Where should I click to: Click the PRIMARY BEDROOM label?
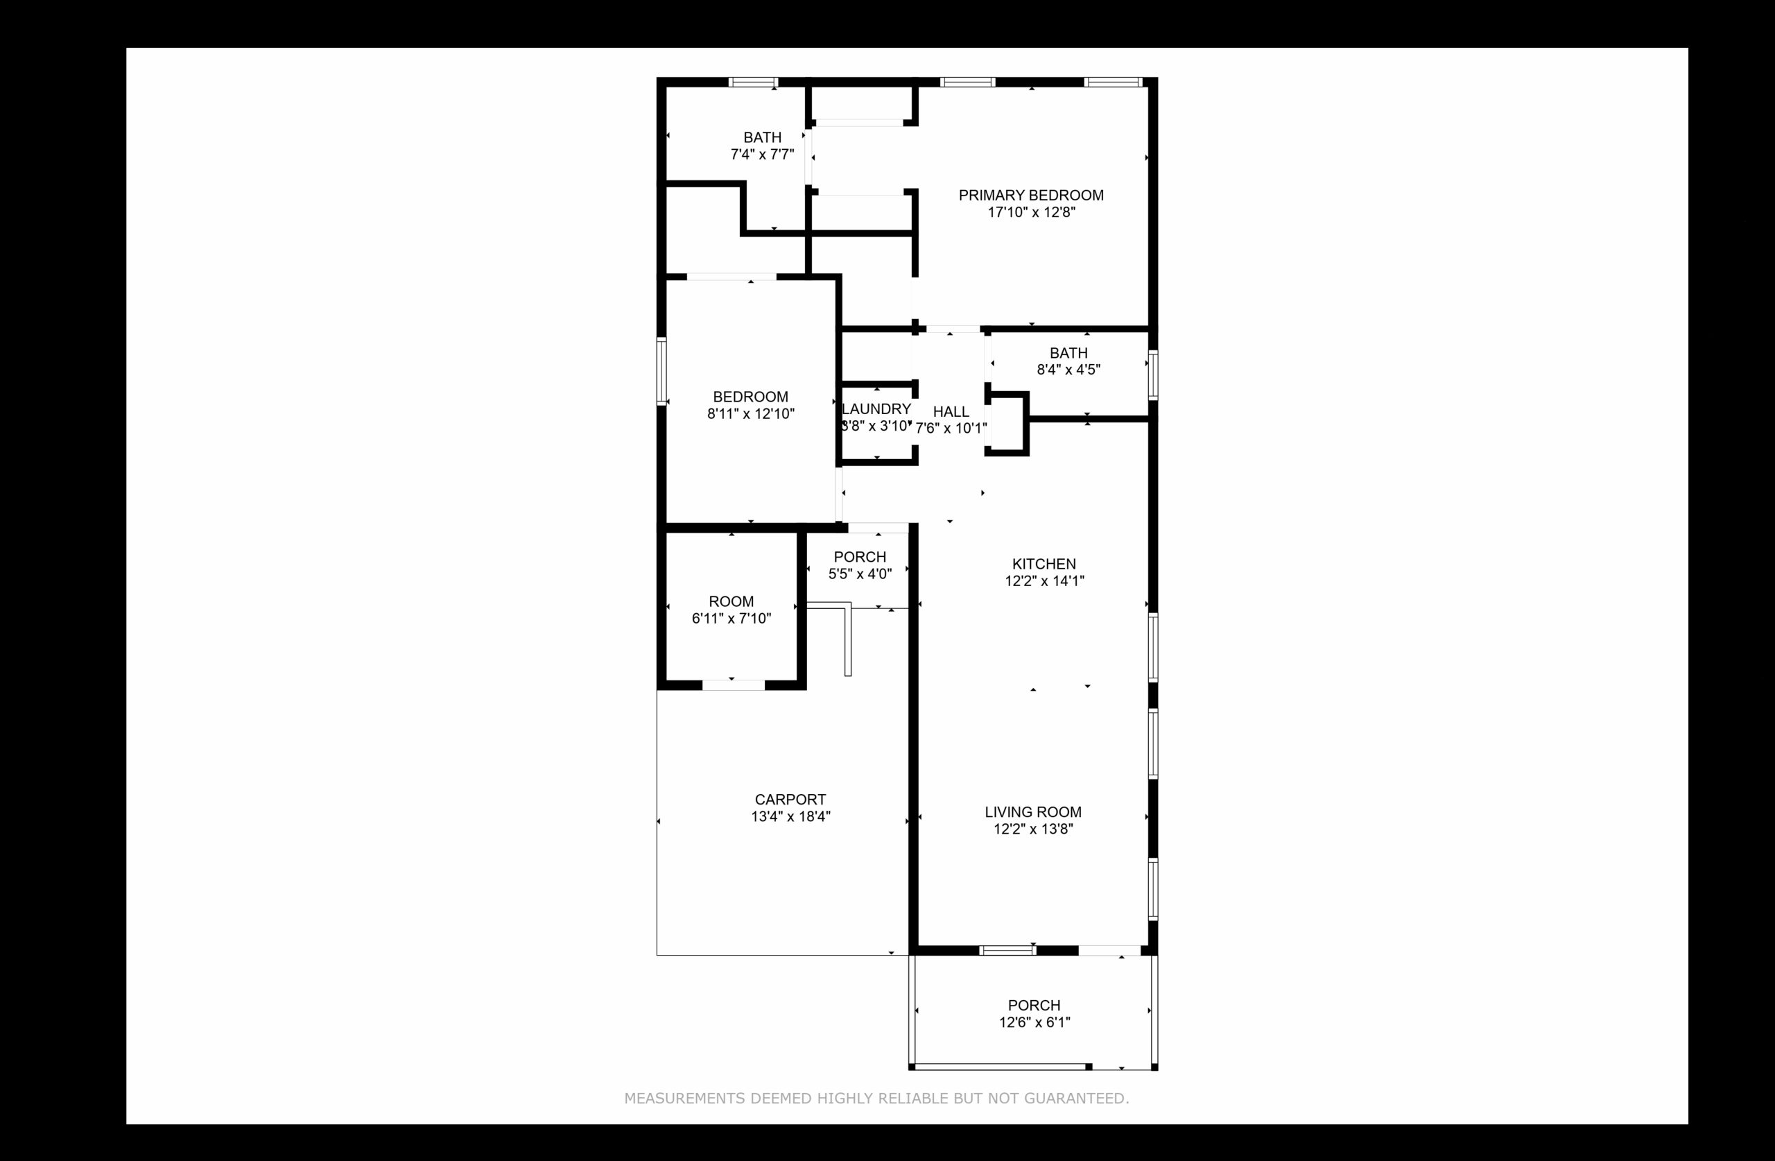tap(1031, 196)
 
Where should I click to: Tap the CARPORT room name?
tap(790, 799)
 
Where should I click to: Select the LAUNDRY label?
tap(876, 409)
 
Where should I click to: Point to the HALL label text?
tap(951, 412)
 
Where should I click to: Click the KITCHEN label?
tap(1044, 564)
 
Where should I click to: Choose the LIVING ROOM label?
tap(1033, 812)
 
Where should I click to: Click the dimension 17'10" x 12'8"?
tap(1032, 213)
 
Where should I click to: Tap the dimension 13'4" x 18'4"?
tap(790, 816)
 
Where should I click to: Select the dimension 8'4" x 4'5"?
tap(1068, 370)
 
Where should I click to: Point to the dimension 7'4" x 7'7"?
tap(762, 155)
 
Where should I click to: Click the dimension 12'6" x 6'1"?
tap(1034, 1023)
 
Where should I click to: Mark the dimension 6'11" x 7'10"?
tap(731, 619)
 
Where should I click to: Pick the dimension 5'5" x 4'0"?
tap(860, 574)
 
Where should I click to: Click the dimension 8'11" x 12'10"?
tap(751, 414)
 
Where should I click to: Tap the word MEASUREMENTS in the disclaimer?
tap(684, 1099)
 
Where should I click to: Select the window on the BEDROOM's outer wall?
tap(661, 372)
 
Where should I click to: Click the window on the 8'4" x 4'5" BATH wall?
tap(1153, 375)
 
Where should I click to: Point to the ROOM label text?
tap(731, 601)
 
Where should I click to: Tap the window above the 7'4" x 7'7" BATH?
tap(753, 82)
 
